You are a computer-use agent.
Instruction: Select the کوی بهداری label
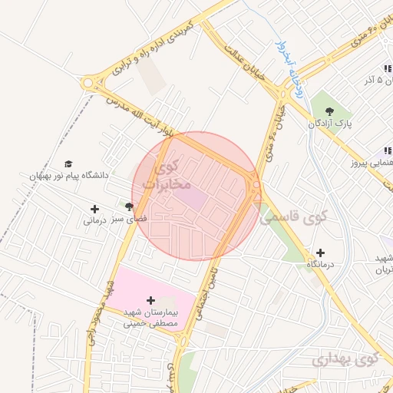[346, 358]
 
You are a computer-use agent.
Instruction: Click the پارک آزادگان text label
[331, 121]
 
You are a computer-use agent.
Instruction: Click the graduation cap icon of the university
[68, 164]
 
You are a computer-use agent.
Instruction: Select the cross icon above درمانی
[94, 209]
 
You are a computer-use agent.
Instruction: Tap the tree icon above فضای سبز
[129, 206]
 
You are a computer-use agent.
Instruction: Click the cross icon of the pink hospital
[150, 300]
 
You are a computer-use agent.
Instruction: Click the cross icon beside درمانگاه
[320, 253]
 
